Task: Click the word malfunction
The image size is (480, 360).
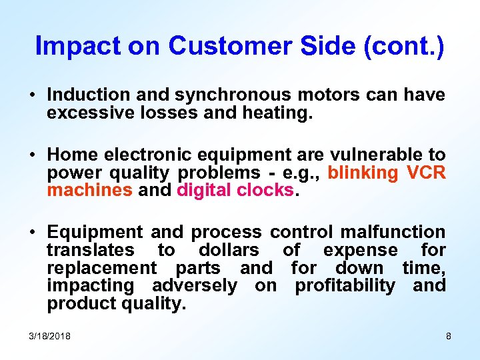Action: click(393, 232)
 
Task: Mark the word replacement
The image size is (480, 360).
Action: click(101, 268)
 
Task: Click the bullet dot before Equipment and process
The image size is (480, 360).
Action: click(33, 233)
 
